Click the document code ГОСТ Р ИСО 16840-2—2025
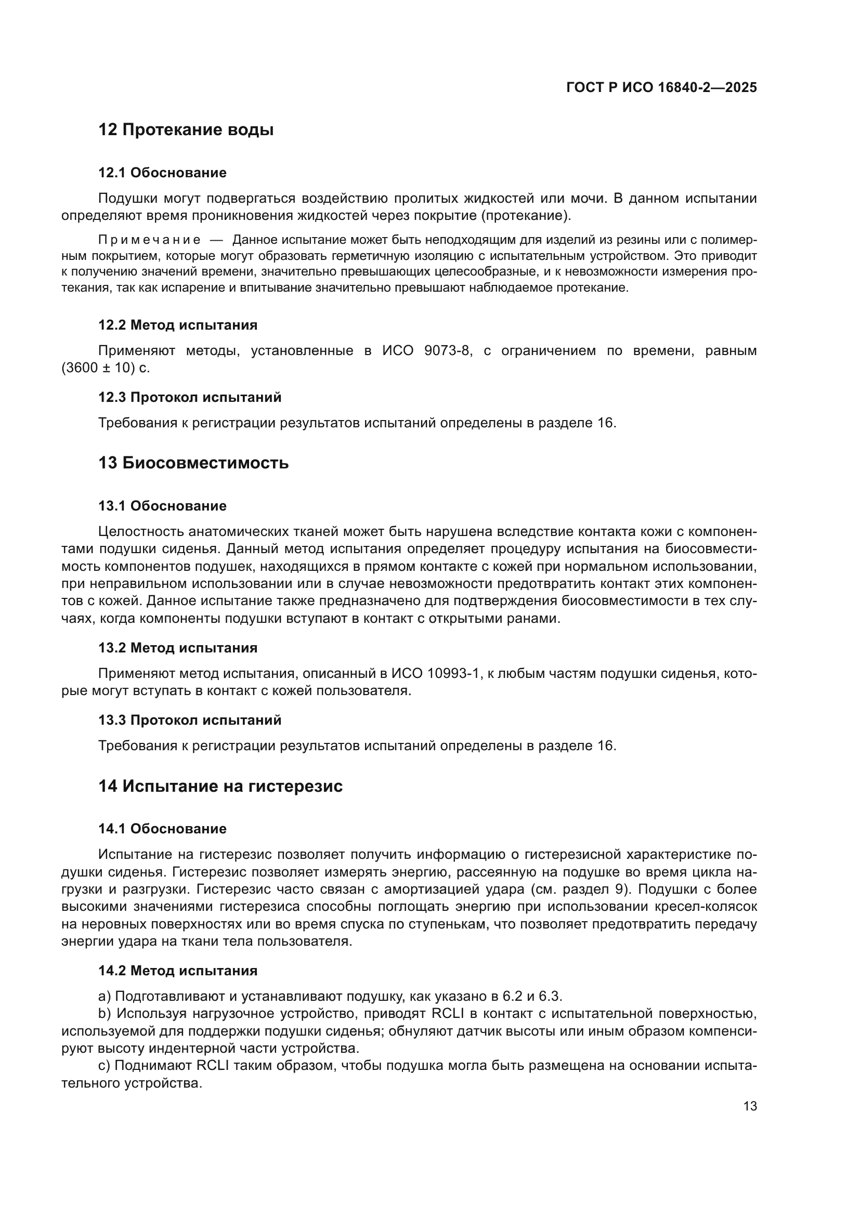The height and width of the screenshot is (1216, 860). click(x=661, y=87)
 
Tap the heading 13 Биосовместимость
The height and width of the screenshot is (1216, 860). click(x=193, y=463)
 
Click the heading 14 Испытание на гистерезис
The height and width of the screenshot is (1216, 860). click(x=220, y=786)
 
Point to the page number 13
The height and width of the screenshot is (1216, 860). click(x=750, y=1106)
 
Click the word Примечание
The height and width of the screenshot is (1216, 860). click(x=149, y=240)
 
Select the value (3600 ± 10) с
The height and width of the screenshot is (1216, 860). click(x=106, y=368)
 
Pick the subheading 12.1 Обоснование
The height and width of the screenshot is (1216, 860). click(x=162, y=173)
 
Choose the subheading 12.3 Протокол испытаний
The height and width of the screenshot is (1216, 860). click(x=190, y=397)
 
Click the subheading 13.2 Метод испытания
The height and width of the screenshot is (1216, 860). click(x=178, y=648)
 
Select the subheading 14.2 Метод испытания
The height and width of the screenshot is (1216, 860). click(x=178, y=971)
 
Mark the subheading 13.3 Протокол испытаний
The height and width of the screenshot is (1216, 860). click(x=190, y=720)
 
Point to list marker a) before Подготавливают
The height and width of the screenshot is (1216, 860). click(x=105, y=996)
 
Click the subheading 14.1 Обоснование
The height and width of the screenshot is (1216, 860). click(x=162, y=829)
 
